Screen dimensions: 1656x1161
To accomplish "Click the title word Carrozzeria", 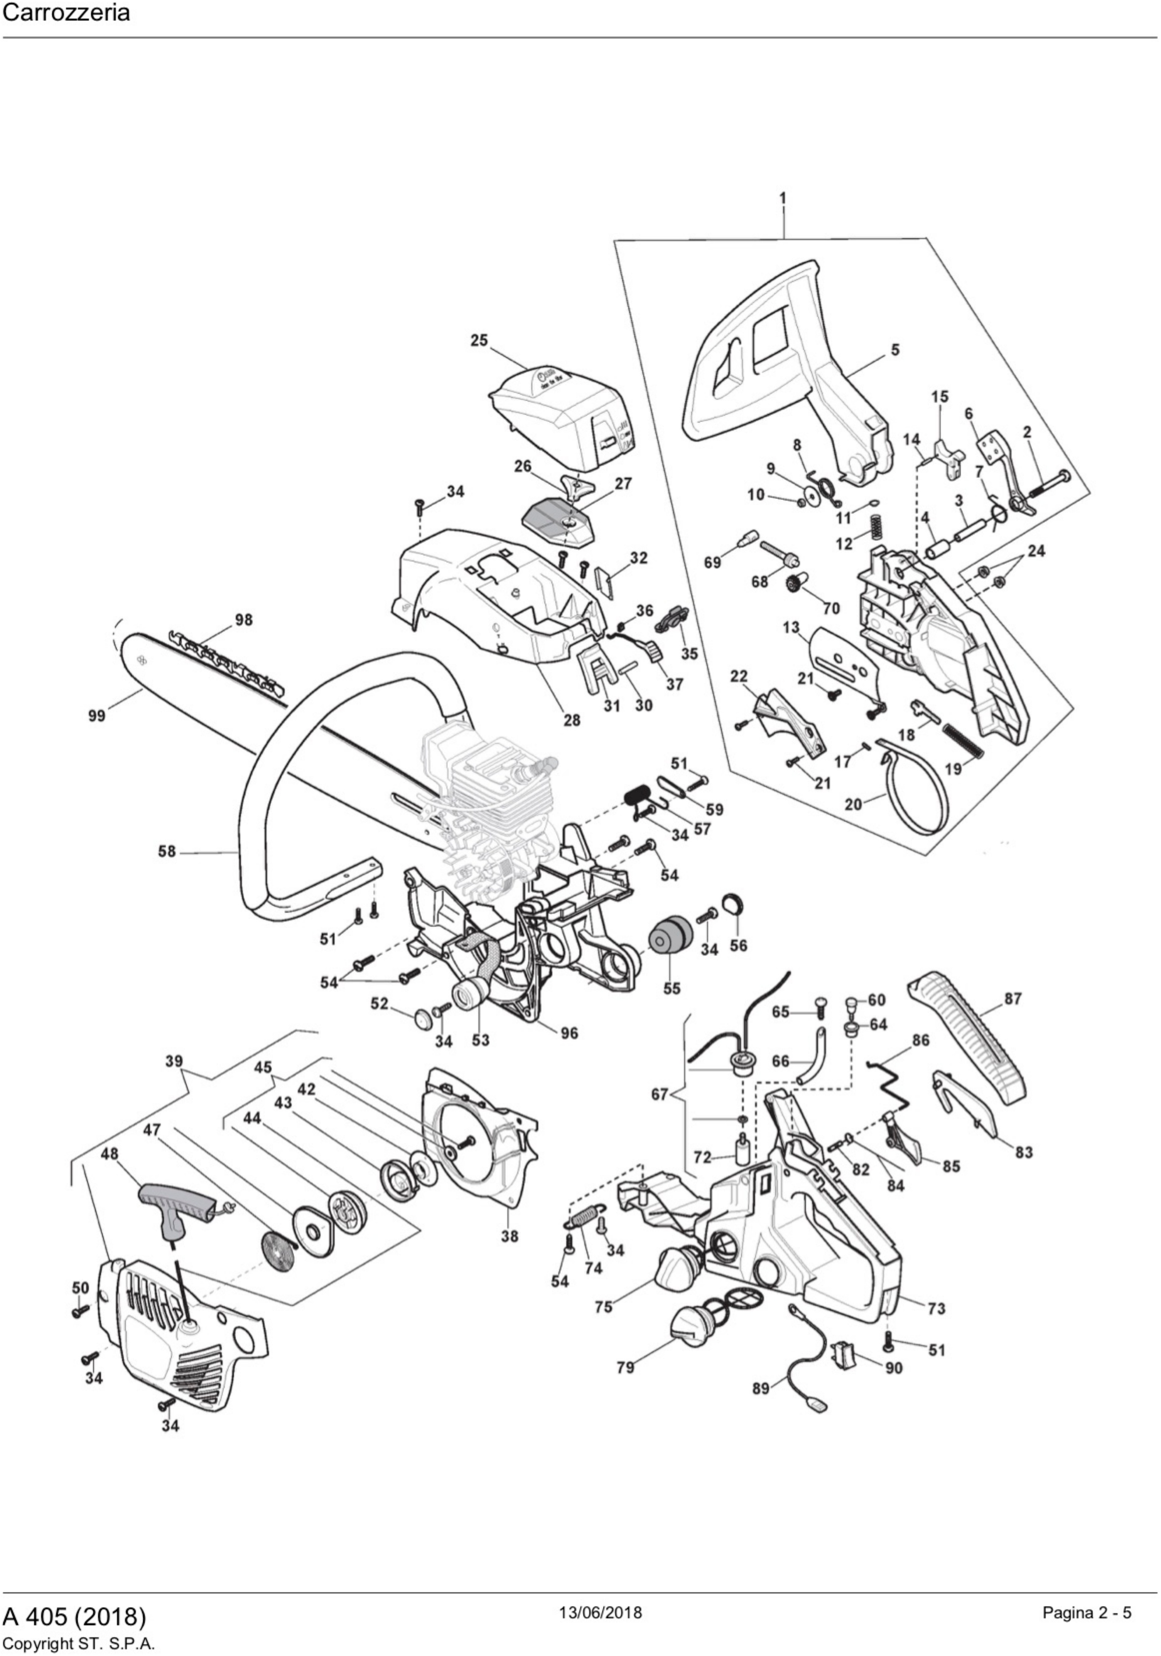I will pos(66,13).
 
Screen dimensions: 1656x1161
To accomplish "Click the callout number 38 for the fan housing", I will pos(510,1236).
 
